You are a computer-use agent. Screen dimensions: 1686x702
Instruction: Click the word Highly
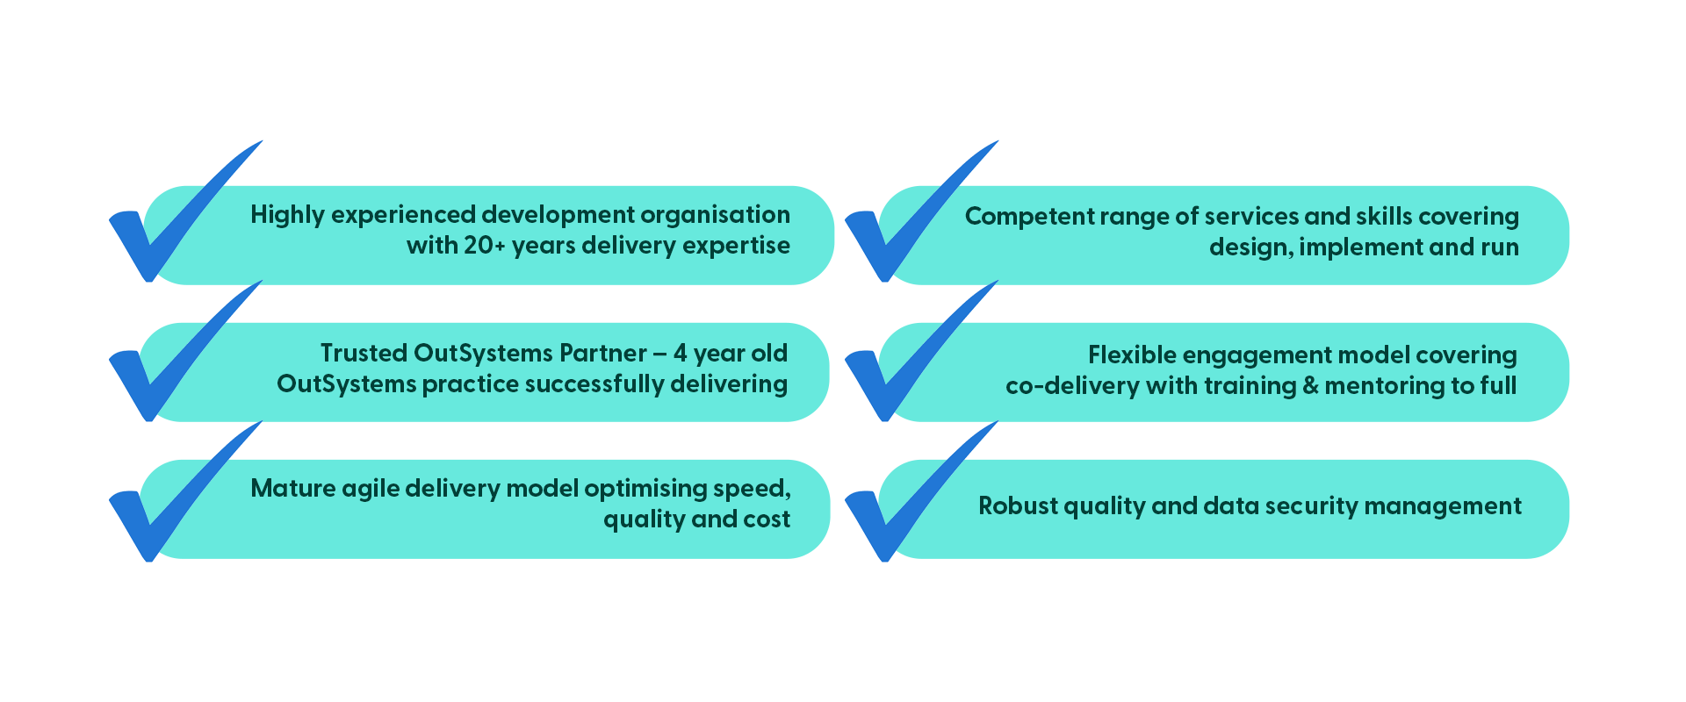(287, 216)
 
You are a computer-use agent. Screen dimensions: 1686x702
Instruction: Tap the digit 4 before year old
(680, 353)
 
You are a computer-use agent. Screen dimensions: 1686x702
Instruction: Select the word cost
(767, 519)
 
